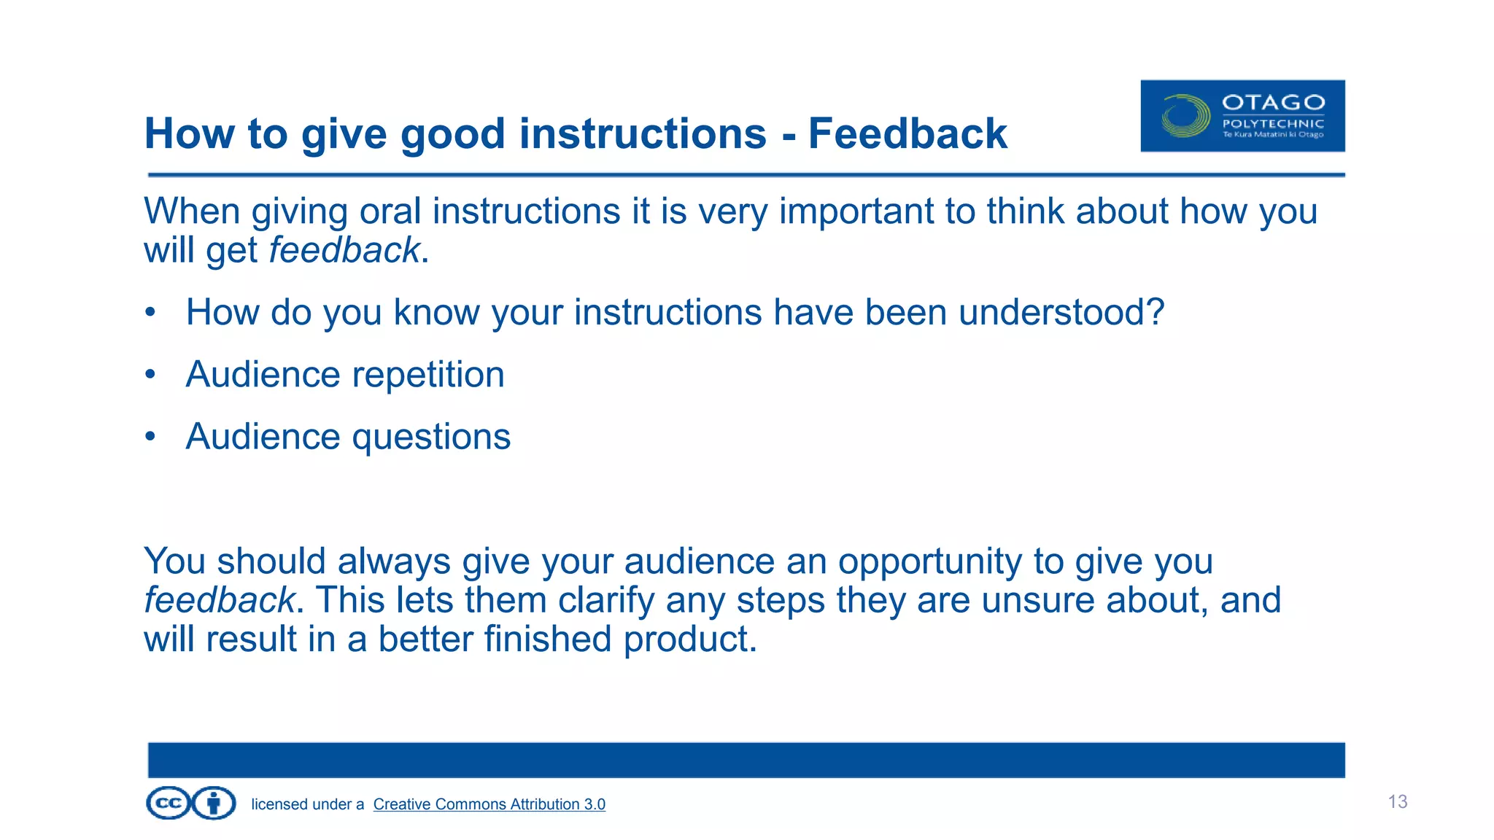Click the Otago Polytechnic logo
[1242, 116]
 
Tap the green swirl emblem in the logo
[1185, 116]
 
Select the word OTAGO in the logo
[1273, 102]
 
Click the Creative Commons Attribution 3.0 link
[489, 804]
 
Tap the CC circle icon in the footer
[169, 804]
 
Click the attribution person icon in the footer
[214, 804]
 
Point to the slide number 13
[1397, 802]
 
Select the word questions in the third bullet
[431, 437]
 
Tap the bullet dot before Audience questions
[150, 437]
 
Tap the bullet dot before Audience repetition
[150, 375]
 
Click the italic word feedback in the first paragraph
[344, 251]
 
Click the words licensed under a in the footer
[307, 804]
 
